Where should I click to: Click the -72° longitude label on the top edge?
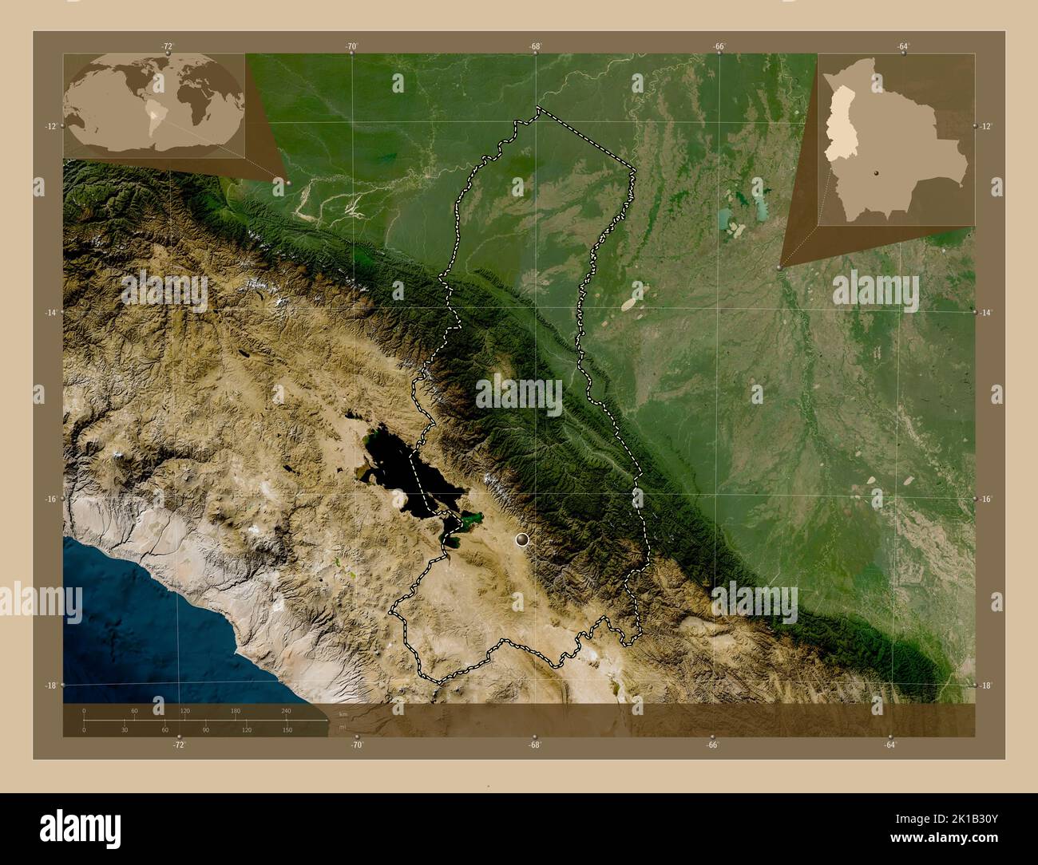point(168,47)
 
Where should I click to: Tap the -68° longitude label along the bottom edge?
point(535,745)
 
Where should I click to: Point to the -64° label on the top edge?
point(902,47)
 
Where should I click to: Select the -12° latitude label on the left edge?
point(51,126)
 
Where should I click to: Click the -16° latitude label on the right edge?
point(986,499)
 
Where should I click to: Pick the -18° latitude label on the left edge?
point(51,685)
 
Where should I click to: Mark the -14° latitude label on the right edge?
point(986,313)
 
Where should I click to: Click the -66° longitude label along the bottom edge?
point(712,745)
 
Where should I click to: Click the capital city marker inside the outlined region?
point(523,540)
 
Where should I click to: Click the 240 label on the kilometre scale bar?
point(286,710)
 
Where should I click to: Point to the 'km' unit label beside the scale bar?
point(343,713)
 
